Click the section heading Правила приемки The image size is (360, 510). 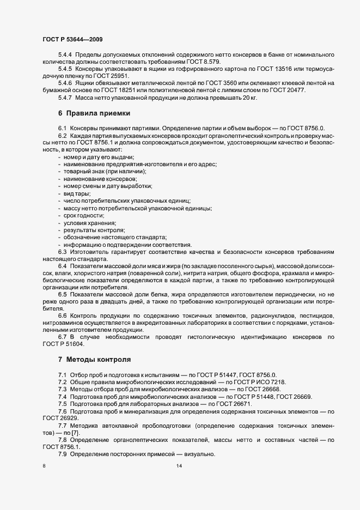click(98, 113)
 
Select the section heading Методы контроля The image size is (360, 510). click(98, 360)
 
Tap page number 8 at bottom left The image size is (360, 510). click(44, 466)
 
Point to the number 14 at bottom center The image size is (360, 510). click(180, 466)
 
